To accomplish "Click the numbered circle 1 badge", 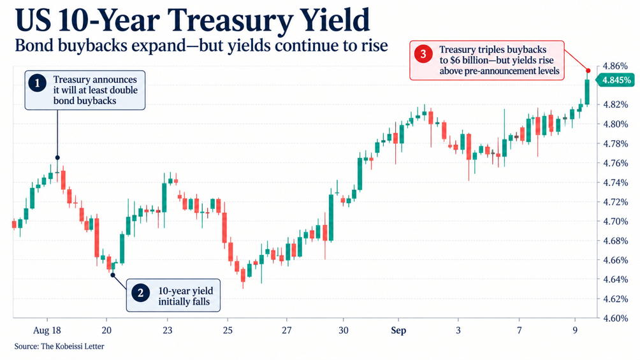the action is (38, 83).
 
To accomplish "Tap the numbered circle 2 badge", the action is (140, 293).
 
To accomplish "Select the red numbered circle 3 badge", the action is (423, 54).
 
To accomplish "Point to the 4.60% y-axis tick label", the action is (615, 318).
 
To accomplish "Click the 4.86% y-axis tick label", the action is (615, 66).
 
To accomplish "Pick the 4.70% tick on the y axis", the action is (615, 221).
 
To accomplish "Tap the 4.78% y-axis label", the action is (615, 143).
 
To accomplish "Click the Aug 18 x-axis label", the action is (47, 330).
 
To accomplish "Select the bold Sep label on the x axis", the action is (398, 330).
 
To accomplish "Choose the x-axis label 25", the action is (228, 330).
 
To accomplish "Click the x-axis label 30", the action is (343, 330).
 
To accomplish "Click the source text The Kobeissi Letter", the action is (73, 347).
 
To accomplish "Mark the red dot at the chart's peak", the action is (588, 71).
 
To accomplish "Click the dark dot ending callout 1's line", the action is (57, 157).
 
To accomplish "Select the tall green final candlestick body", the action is (587, 92).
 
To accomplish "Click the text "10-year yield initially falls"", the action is (185, 296).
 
